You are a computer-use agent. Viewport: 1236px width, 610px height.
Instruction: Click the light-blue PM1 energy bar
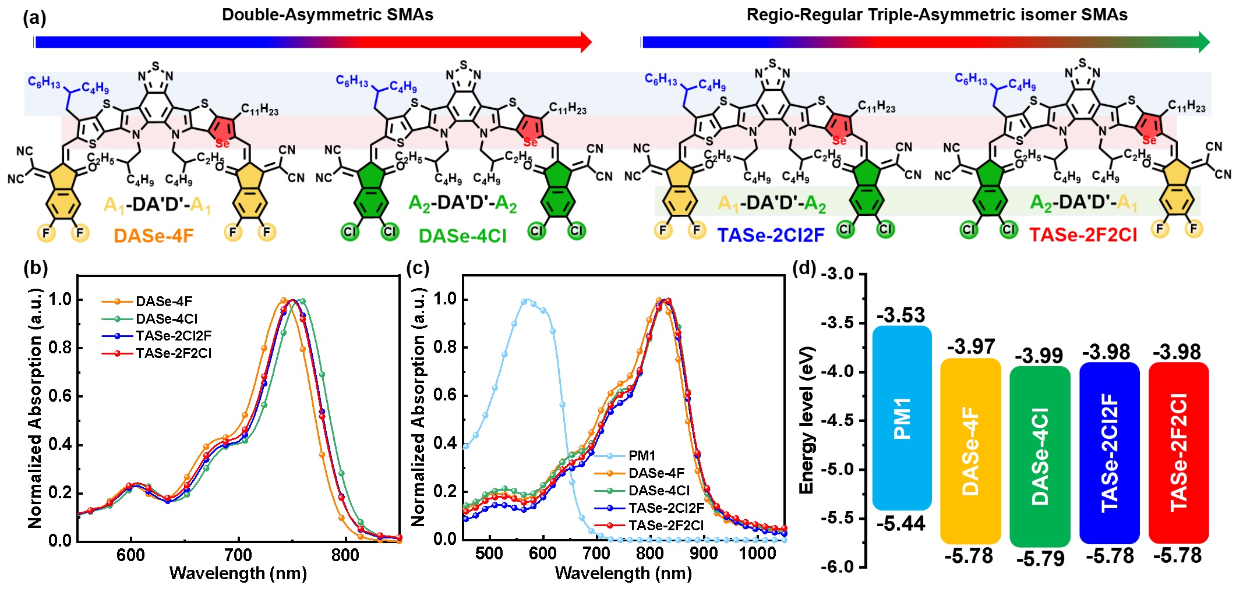(x=902, y=418)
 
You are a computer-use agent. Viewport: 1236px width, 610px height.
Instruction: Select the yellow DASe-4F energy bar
(x=970, y=451)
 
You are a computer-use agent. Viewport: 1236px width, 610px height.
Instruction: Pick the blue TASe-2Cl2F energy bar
(x=1109, y=453)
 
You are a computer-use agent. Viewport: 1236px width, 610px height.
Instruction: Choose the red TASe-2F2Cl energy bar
(x=1178, y=453)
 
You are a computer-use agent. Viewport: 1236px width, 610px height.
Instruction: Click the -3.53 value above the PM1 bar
(x=900, y=315)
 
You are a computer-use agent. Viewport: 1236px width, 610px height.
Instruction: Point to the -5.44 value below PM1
(x=900, y=524)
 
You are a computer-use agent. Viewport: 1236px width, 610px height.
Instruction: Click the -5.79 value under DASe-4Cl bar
(x=1040, y=559)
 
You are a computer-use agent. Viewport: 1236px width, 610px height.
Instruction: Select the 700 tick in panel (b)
(x=238, y=555)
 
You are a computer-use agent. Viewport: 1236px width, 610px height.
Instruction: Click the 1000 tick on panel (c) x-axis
(x=757, y=553)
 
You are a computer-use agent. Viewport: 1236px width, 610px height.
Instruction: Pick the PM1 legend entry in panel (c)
(x=641, y=456)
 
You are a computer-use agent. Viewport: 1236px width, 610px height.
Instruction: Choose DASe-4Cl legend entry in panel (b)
(x=167, y=319)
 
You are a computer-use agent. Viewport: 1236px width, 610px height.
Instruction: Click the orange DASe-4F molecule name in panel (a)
(x=154, y=236)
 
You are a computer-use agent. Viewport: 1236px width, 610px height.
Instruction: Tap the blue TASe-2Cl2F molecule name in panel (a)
(x=771, y=235)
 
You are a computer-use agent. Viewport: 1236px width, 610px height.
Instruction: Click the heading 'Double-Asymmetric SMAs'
(x=327, y=15)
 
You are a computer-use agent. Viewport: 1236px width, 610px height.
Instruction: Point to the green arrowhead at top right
(x=1203, y=42)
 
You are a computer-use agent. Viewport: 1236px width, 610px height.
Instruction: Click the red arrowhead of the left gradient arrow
(x=586, y=42)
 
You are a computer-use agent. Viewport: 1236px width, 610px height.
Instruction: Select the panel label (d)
(x=804, y=269)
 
